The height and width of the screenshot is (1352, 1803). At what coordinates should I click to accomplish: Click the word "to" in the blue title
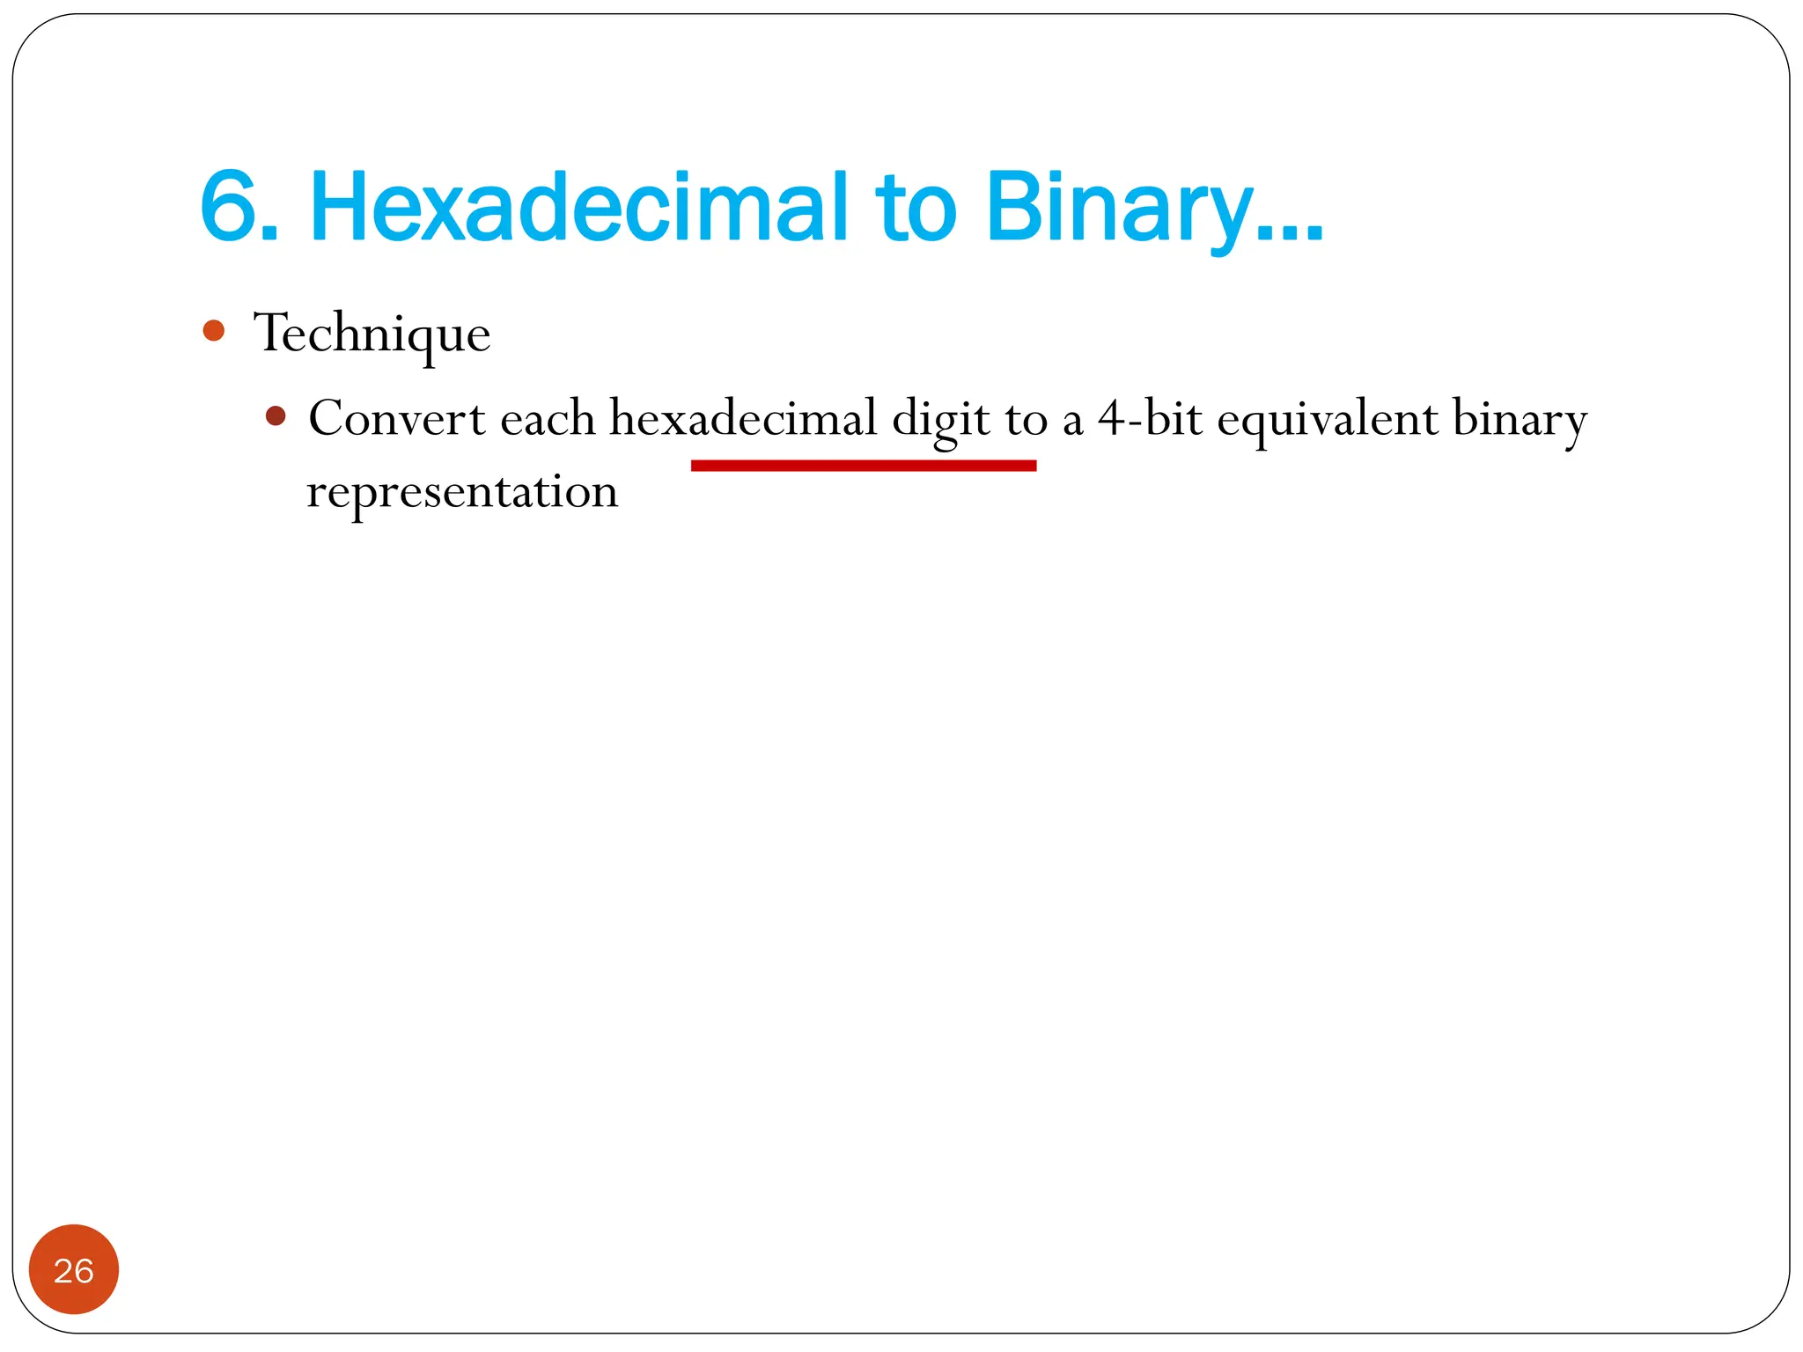click(915, 209)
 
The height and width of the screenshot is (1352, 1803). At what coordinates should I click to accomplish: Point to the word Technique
click(372, 334)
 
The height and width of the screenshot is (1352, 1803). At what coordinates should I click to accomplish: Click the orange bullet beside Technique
click(213, 331)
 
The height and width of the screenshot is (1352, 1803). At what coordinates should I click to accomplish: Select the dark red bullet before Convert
click(276, 415)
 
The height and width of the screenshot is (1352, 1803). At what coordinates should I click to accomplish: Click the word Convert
click(396, 418)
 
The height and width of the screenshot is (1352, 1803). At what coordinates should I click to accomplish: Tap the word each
click(548, 418)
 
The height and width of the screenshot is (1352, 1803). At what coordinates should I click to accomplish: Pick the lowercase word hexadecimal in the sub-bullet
click(743, 418)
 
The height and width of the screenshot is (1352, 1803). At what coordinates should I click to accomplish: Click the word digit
click(940, 421)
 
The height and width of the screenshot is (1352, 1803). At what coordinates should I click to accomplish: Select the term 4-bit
click(1150, 418)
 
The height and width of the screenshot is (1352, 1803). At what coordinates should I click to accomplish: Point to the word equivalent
click(1328, 420)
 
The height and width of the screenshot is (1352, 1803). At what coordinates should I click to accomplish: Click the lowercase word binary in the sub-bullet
click(1520, 421)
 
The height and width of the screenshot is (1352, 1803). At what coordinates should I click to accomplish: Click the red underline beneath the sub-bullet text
click(863, 466)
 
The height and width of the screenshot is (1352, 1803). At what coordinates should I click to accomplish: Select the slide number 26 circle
click(74, 1269)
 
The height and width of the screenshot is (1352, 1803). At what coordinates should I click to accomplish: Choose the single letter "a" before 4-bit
click(1072, 422)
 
